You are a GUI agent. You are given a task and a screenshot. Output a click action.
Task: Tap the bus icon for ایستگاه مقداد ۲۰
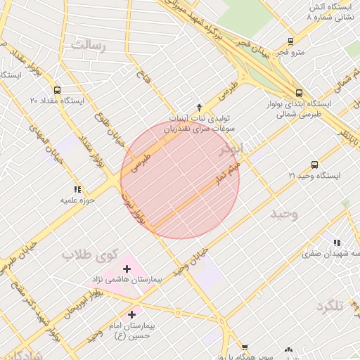point(57,90)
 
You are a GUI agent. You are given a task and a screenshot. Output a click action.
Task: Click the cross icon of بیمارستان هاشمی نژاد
point(127,269)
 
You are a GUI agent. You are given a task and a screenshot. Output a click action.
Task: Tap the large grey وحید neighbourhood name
point(284,214)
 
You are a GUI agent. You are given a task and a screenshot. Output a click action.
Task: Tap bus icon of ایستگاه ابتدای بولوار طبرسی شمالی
point(300,93)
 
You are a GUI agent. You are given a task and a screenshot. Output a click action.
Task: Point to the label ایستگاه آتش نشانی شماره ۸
point(332,11)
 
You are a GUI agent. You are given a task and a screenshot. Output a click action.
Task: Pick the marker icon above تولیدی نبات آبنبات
point(200,107)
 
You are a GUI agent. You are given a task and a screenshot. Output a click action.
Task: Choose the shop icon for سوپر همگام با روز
point(244,347)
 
